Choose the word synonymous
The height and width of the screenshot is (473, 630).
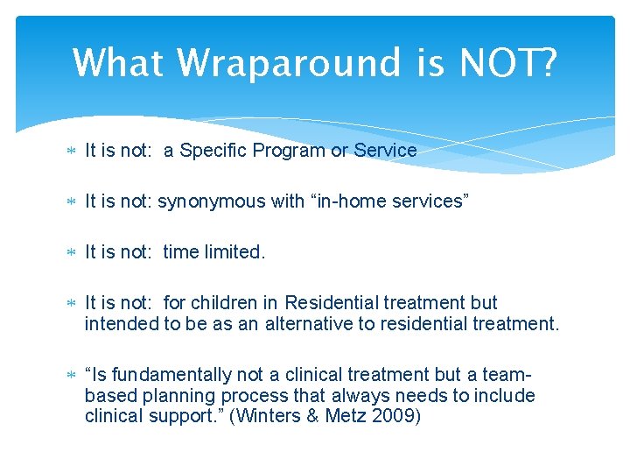[211, 201]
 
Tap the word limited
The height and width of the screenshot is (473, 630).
[234, 252]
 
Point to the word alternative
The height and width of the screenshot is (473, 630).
[323, 323]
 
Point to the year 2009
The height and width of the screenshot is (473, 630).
[393, 415]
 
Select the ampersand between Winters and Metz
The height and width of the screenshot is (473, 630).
[313, 415]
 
